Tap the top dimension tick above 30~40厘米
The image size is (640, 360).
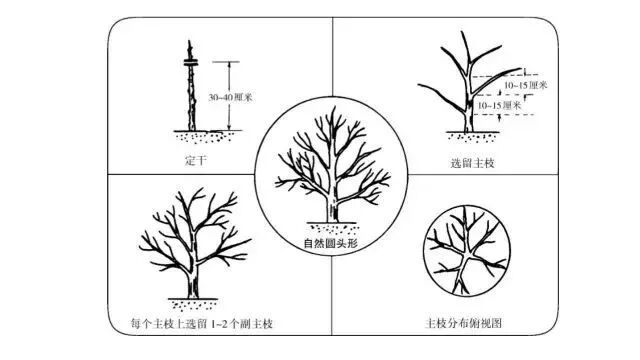tap(228, 63)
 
